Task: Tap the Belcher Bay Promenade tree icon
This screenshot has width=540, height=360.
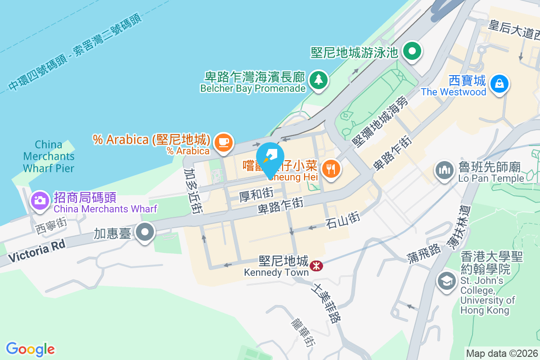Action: coord(319,80)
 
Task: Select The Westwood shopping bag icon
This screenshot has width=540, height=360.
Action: coord(499,84)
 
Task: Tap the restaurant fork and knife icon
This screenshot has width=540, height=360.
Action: coord(332,169)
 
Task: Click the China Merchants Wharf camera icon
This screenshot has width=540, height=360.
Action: coord(40,200)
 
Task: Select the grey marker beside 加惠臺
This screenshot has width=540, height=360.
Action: coord(145,233)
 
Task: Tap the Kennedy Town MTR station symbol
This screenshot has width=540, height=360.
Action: coord(316,265)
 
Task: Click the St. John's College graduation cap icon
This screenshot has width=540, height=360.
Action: coord(446,281)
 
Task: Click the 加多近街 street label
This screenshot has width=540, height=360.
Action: coord(192,191)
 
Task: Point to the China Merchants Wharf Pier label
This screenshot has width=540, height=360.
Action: coord(49,157)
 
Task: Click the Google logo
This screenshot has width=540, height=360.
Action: coord(30,349)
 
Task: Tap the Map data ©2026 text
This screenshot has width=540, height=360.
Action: coord(502,354)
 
